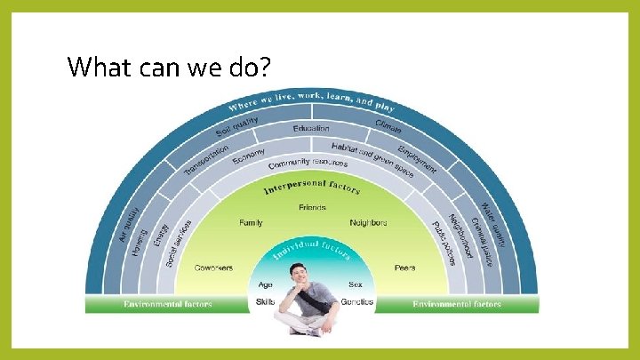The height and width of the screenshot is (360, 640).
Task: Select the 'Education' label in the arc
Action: coord(311,128)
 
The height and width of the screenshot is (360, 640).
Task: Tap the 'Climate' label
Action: coord(388,127)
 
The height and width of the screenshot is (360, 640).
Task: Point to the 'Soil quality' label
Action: coord(237,127)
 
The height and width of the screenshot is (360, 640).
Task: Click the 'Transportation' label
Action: coord(206,159)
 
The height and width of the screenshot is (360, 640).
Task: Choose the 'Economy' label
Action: coord(249,156)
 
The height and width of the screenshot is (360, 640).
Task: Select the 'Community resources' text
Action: coord(308,164)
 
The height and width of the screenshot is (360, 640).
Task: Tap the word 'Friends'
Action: coord(312,208)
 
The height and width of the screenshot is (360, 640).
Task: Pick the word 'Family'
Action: coord(251,222)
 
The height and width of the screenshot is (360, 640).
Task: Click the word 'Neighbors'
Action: coord(369,222)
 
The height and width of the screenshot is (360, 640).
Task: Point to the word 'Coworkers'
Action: coord(213,267)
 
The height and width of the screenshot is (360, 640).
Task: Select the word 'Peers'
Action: coord(405,267)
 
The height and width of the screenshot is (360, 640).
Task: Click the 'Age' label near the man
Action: coord(265,285)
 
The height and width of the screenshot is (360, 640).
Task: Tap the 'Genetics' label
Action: coord(357,302)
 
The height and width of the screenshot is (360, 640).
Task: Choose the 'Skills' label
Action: coord(265,302)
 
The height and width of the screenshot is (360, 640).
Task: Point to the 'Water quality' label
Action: coord(494,221)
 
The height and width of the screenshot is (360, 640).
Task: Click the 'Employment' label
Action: coord(417,157)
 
